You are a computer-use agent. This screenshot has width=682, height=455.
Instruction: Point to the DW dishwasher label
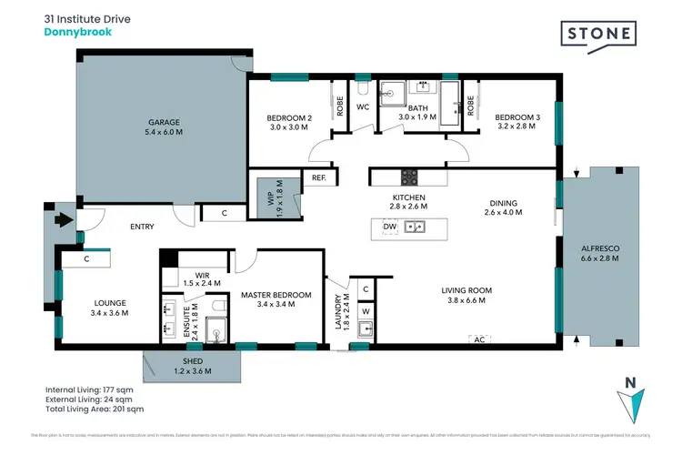tap(390, 226)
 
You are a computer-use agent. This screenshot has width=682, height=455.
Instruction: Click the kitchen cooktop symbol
tap(408, 176)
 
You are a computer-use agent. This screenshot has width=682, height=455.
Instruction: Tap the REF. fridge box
tap(319, 177)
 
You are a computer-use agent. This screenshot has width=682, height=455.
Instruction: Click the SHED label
tap(192, 361)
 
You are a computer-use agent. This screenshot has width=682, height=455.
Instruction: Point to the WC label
tap(362, 106)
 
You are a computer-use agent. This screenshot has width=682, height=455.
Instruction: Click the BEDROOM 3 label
tap(517, 117)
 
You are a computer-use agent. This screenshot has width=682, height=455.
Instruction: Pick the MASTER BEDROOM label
tap(276, 295)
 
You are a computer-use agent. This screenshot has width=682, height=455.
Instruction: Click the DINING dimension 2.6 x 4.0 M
tap(503, 213)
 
